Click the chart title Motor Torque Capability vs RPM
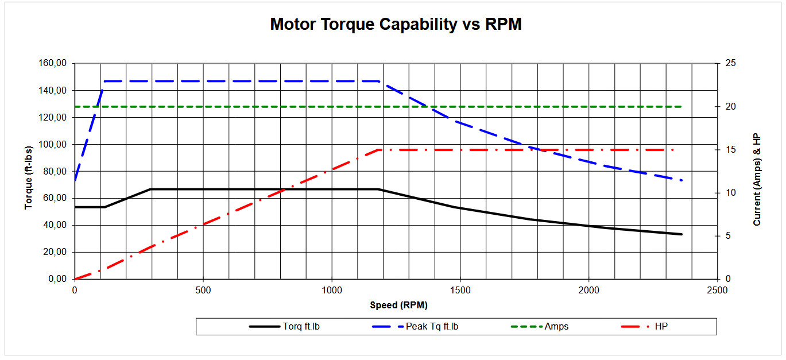pyautogui.click(x=396, y=25)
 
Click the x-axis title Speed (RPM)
pyautogui.click(x=398, y=305)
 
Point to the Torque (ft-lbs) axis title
pyautogui.click(x=29, y=171)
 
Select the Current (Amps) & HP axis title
pyautogui.click(x=757, y=179)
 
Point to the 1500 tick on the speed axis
pyautogui.click(x=460, y=291)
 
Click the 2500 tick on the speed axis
pyautogui.click(x=718, y=291)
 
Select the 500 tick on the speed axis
pyautogui.click(x=203, y=291)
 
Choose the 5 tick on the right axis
pyautogui.click(x=726, y=236)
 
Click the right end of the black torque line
pyautogui.click(x=682, y=234)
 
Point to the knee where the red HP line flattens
pyautogui.click(x=378, y=150)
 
